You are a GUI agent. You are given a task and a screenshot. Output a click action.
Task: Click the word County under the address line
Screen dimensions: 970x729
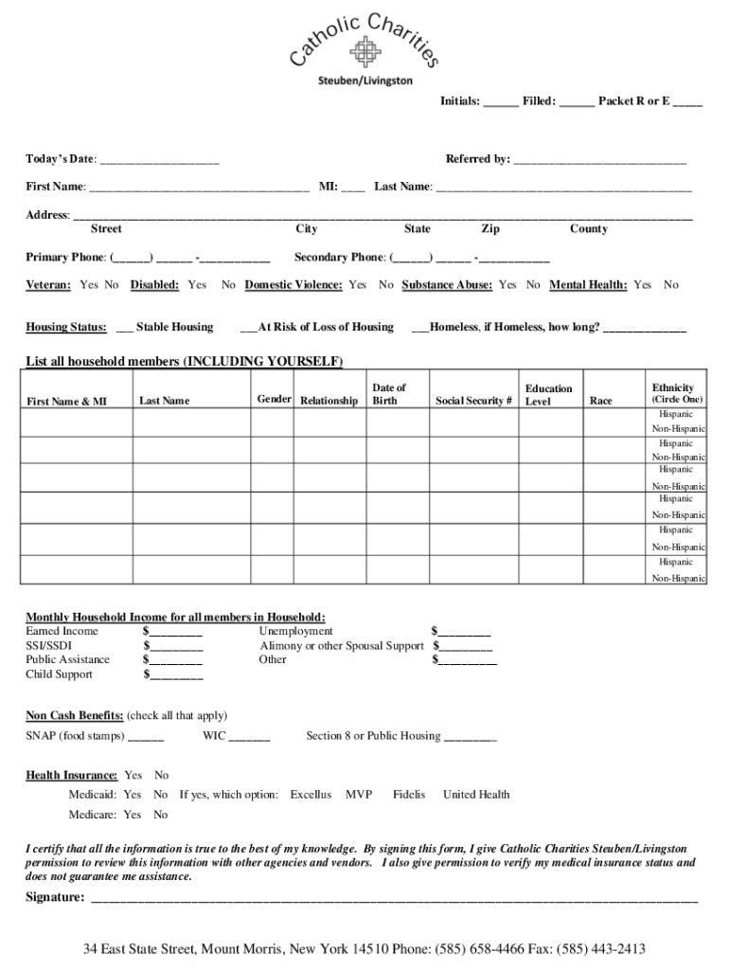pyautogui.click(x=588, y=229)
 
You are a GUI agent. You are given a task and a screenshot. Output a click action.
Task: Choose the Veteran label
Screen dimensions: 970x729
pyautogui.click(x=48, y=285)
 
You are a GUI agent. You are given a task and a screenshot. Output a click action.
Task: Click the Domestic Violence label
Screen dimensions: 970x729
pyautogui.click(x=293, y=285)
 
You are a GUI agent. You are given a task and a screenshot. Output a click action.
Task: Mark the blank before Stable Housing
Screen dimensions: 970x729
pyautogui.click(x=124, y=329)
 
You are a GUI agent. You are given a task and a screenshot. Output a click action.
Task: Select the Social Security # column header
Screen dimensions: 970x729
pyautogui.click(x=473, y=402)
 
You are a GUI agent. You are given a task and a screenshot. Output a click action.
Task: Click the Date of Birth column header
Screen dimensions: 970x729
pyautogui.click(x=388, y=394)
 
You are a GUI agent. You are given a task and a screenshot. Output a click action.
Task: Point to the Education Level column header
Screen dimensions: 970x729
pyautogui.click(x=548, y=395)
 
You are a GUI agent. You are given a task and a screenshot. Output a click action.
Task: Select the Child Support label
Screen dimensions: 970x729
pyautogui.click(x=59, y=674)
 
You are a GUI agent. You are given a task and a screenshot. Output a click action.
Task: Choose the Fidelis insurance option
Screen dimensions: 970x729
pyautogui.click(x=409, y=795)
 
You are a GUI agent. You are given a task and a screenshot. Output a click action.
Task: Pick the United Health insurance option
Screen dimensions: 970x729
pyautogui.click(x=476, y=795)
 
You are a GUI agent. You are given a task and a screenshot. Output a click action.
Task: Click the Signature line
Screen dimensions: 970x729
pyautogui.click(x=393, y=899)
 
